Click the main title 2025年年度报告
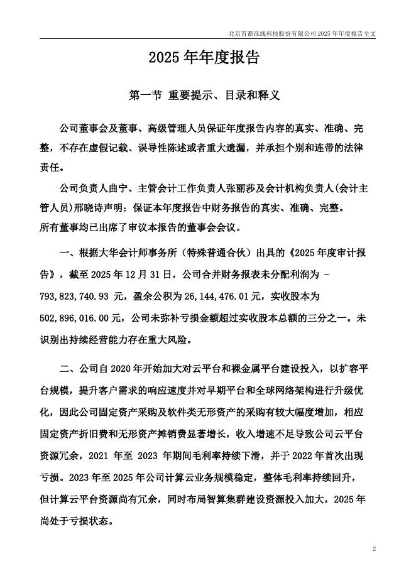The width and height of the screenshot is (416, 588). click(x=204, y=58)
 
